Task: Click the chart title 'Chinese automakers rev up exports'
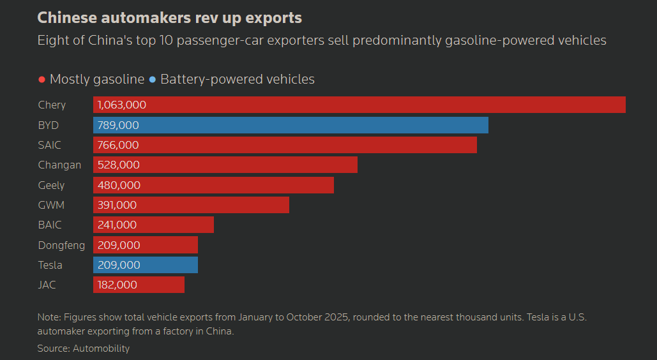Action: coord(169,17)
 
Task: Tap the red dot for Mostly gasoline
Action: coord(42,80)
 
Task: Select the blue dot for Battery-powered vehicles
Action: coord(152,80)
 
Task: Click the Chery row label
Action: coord(52,105)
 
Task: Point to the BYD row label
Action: coord(48,125)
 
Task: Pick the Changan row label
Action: coord(59,165)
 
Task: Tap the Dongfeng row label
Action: coord(61,245)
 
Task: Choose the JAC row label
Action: coord(47,285)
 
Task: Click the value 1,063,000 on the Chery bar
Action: coord(122,105)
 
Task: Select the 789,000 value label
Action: coord(118,125)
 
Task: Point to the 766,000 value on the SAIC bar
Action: coord(118,145)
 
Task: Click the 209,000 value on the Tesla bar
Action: coord(118,265)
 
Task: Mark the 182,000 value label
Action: coord(117,285)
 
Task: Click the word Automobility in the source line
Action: coord(101,349)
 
